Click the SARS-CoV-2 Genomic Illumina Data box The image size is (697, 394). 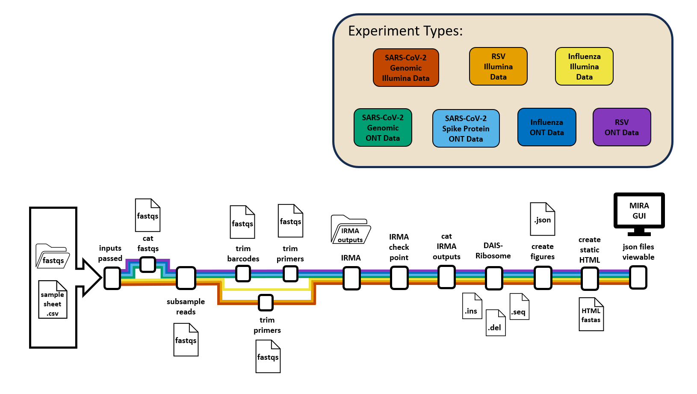pos(406,68)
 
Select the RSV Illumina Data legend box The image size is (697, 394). pos(498,66)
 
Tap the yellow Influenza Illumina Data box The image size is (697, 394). pos(584,66)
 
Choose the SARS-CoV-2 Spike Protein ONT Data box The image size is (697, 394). pos(466,128)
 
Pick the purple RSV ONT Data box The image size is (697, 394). pos(621,127)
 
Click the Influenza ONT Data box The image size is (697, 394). pos(546,127)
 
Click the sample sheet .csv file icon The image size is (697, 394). pos(53,299)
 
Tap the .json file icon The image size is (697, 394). pos(542,219)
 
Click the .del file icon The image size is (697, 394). pos(496,323)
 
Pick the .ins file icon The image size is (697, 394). pos(472,306)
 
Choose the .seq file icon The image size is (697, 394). pos(519,306)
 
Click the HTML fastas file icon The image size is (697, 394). pos(591,314)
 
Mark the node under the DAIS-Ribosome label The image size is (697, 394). pos(494,278)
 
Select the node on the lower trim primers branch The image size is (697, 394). pos(266,302)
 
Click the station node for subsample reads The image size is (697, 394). pos(186,278)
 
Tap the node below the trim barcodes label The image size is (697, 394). pos(243,273)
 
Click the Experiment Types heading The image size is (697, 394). pos(405,31)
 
